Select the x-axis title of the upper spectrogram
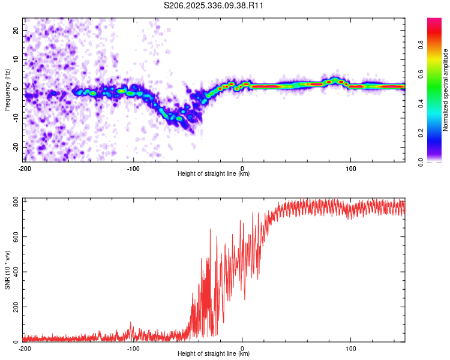214,173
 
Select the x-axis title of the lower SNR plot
214,353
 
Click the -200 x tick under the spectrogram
24,168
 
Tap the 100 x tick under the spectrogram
351,168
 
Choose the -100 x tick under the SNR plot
133,348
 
